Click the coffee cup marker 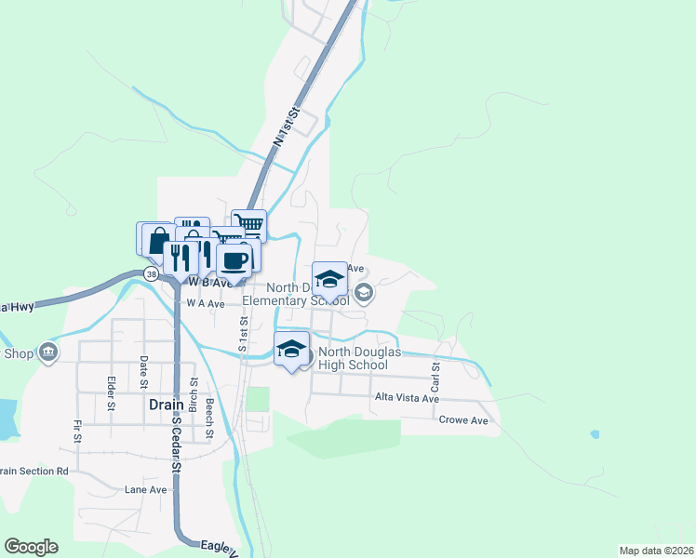(x=234, y=260)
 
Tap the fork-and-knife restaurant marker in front (x=181, y=258)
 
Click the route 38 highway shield (x=151, y=273)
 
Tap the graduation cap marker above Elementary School (x=329, y=279)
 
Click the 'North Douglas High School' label (x=353, y=358)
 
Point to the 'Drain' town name (x=164, y=405)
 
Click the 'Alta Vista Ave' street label (x=406, y=398)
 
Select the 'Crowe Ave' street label (x=463, y=420)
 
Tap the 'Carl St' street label (x=435, y=377)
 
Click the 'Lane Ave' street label (x=145, y=489)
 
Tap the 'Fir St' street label (x=77, y=430)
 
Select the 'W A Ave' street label (x=206, y=303)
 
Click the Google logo (x=31, y=547)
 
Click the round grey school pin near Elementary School (x=364, y=294)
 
